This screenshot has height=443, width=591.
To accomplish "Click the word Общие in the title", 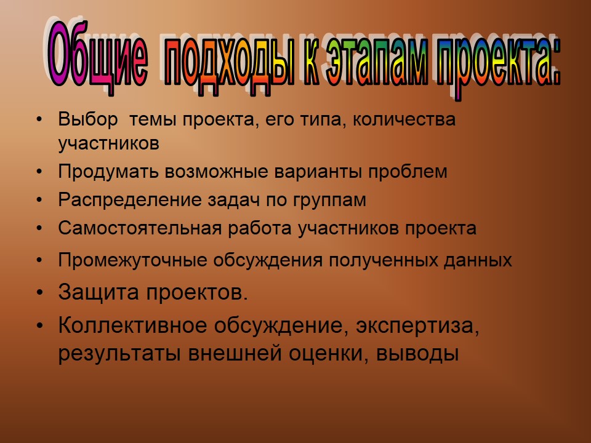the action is tap(97, 56).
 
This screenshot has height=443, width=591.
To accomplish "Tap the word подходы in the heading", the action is tap(229, 62).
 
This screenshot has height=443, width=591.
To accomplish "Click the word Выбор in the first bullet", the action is tap(88, 119).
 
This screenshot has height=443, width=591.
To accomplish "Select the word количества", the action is tap(404, 120).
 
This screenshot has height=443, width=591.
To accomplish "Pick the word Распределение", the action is tap(131, 199).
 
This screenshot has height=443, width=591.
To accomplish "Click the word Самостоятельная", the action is tap(140, 228).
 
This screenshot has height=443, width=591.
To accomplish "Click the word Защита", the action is tap(98, 292).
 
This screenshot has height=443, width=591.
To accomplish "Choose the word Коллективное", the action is tap(133, 325).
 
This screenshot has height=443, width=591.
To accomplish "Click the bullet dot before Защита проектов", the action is tap(40, 293).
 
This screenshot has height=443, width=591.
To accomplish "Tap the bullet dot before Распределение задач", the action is tap(39, 200).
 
